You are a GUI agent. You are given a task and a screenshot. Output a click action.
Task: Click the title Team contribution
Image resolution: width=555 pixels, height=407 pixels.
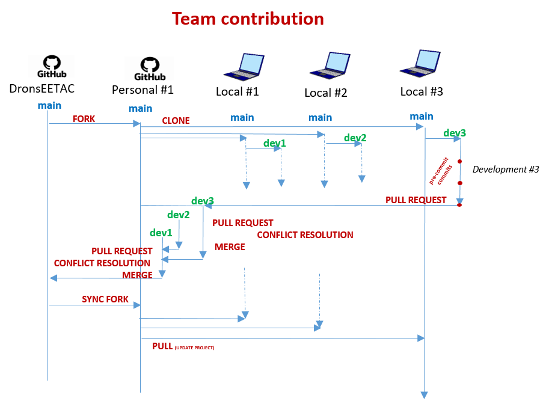pos(248,19)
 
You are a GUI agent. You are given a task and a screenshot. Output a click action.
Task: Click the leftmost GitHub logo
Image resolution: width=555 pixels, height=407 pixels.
pos(51,66)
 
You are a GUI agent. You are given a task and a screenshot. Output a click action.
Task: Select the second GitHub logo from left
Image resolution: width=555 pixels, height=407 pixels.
pos(149,69)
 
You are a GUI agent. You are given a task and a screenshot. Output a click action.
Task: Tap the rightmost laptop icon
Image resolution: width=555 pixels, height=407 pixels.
pos(420,64)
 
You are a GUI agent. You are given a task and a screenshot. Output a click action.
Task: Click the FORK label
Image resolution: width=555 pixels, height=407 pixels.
pos(84,119)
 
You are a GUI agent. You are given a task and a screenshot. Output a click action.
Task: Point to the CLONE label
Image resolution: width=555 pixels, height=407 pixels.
pos(176,121)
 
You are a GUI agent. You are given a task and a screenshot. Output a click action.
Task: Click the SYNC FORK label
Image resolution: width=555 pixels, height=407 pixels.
pos(105,299)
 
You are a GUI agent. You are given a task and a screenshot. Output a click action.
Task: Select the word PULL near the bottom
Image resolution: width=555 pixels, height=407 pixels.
pos(162,346)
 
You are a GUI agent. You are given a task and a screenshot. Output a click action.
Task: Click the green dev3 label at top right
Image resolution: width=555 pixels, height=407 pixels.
pos(454,133)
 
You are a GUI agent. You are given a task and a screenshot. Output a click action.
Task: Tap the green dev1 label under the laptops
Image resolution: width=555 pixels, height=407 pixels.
pos(275,143)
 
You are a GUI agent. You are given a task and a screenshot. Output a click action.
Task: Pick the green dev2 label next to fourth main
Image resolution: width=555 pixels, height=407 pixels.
pos(355,138)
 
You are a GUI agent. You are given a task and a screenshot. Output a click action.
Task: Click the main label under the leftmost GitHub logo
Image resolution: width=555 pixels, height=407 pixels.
pos(49,105)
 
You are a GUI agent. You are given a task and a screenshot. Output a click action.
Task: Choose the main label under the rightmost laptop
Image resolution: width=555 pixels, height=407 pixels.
pos(422,116)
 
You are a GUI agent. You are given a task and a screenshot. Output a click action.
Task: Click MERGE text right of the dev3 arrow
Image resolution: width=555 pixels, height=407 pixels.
pos(230,246)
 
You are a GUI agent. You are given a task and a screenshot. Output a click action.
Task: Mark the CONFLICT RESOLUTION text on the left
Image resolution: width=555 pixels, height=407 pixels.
pos(102,263)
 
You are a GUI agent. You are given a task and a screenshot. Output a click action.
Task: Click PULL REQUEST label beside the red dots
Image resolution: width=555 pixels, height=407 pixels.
pos(415,200)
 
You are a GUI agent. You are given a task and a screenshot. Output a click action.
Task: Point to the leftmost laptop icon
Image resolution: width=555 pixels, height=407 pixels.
pos(244,67)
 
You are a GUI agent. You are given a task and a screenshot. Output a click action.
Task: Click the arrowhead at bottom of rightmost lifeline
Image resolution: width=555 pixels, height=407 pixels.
pos(424,395)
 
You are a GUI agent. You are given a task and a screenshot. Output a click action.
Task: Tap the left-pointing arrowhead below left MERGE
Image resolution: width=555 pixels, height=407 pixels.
pos(53,278)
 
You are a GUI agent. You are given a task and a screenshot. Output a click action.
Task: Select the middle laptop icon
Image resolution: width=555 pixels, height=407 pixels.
pos(330,66)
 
